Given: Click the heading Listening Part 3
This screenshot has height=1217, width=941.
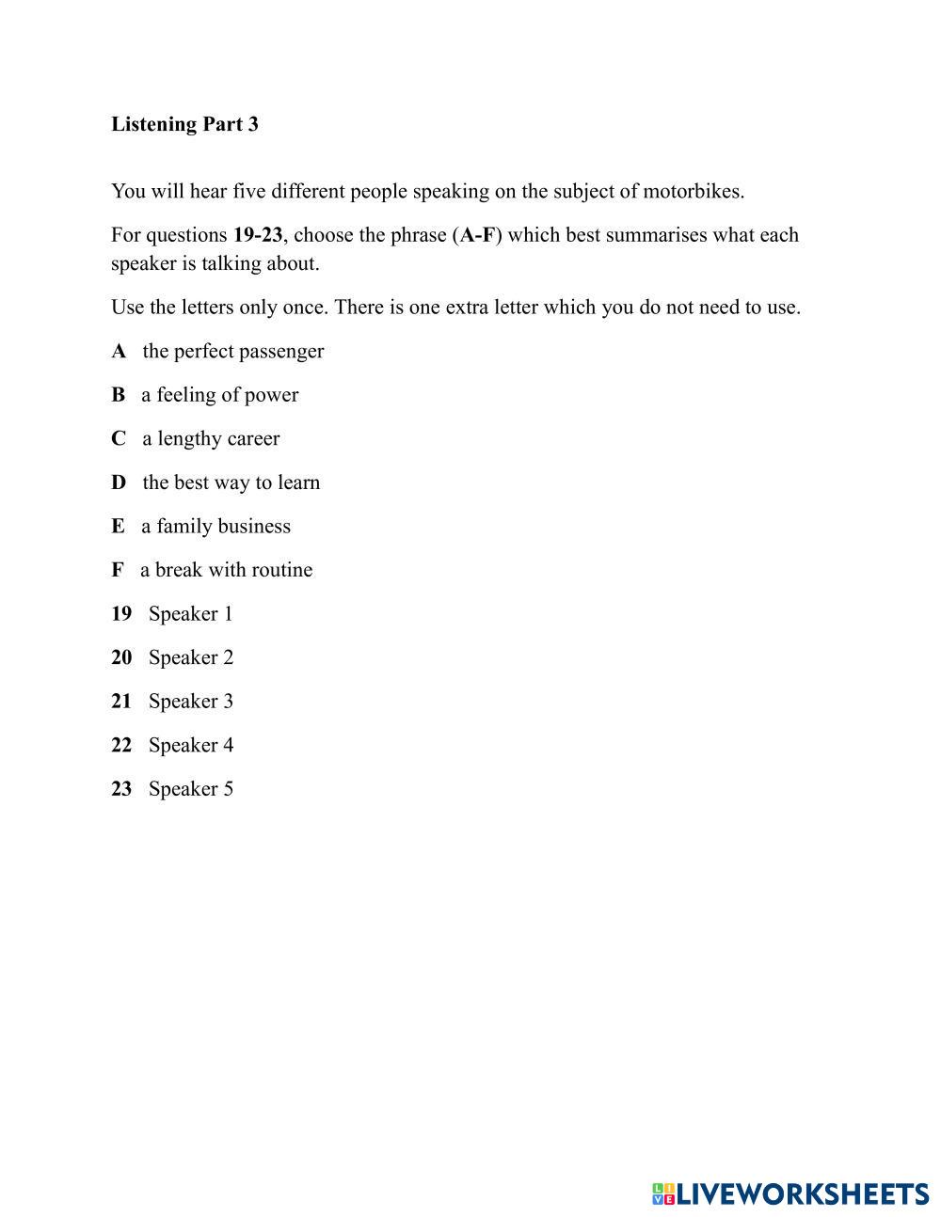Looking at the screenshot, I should [x=184, y=124].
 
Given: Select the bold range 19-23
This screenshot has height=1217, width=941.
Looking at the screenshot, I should [x=258, y=235].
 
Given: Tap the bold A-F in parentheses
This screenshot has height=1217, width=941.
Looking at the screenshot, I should [x=477, y=235].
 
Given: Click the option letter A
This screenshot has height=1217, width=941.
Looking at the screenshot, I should [x=119, y=352].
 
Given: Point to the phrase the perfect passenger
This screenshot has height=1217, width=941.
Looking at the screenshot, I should [x=233, y=352].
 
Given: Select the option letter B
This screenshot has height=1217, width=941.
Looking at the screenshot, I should [x=118, y=395].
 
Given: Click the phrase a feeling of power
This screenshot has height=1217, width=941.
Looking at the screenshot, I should [x=220, y=395].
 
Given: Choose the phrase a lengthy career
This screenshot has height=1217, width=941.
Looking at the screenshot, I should [x=211, y=439].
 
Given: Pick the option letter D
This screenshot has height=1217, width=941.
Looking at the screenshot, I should [x=119, y=482].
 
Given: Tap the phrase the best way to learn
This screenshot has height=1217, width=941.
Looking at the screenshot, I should [x=231, y=482].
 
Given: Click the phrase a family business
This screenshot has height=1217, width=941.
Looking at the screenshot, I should [x=215, y=527].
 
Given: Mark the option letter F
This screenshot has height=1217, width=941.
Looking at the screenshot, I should [x=117, y=570].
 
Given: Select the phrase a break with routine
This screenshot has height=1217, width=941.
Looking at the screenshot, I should [x=227, y=570].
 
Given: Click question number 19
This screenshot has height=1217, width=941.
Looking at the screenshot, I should [x=121, y=614].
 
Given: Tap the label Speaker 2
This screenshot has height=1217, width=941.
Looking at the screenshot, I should [x=191, y=657].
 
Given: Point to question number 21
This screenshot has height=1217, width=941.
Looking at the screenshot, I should [x=121, y=702].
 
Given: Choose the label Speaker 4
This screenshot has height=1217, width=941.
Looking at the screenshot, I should [x=191, y=745].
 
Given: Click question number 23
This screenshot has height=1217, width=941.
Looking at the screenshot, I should [x=121, y=789].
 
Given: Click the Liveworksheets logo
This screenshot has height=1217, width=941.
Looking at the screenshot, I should [x=790, y=1193].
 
